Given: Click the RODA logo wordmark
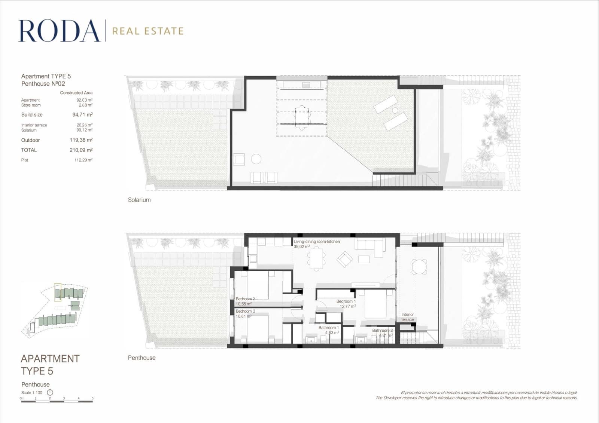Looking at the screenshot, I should [x=59, y=31].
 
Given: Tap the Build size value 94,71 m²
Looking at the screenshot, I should [x=82, y=115].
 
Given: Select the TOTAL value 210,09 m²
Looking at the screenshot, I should [x=81, y=150].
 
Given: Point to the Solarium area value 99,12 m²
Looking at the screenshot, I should [x=85, y=130].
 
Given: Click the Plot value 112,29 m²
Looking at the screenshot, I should [x=83, y=160].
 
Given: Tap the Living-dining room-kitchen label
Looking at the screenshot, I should [x=317, y=242].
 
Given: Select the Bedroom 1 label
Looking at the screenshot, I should [x=346, y=301].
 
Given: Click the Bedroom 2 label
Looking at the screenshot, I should [x=245, y=299].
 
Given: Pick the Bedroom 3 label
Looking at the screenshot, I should [x=245, y=311].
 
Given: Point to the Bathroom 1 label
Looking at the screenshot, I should [x=328, y=328].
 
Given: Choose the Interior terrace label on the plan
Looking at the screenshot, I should [x=408, y=317].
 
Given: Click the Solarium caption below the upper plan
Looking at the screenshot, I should [x=139, y=200].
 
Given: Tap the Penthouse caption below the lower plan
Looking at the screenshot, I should [x=142, y=358].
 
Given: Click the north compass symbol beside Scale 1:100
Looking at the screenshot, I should [x=50, y=392].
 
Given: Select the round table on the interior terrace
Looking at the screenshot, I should [x=419, y=267].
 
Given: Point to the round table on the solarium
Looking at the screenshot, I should [x=256, y=159].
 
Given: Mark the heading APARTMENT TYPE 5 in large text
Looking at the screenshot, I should [x=50, y=365].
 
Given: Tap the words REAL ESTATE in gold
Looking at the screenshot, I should [x=148, y=31].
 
